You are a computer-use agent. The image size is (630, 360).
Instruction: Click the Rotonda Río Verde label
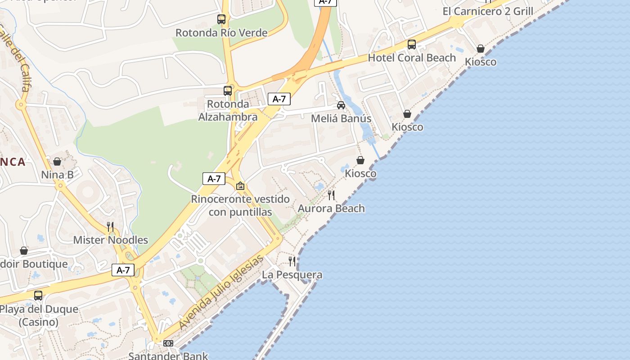click(x=221, y=33)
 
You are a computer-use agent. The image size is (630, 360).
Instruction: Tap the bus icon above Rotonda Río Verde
click(x=221, y=19)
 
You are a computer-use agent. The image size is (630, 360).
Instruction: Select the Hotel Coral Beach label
click(x=412, y=58)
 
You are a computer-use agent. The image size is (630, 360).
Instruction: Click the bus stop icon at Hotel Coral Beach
click(x=412, y=45)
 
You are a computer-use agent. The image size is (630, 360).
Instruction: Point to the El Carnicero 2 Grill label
click(x=488, y=11)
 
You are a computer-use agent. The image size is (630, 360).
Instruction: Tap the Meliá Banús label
click(x=341, y=118)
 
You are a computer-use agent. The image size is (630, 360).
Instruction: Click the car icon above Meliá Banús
click(x=341, y=105)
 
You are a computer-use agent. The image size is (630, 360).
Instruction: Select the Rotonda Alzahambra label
click(x=228, y=110)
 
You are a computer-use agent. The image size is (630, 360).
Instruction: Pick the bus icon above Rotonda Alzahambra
click(x=228, y=90)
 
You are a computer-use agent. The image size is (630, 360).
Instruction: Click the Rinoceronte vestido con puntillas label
click(x=240, y=205)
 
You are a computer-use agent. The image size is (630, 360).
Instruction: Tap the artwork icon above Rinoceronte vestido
click(x=241, y=186)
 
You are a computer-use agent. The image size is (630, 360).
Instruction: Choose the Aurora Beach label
click(x=331, y=208)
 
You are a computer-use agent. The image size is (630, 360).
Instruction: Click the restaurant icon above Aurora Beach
click(x=331, y=195)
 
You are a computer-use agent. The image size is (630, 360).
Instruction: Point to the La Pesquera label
click(x=292, y=274)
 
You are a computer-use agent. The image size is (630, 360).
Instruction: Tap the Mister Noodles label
click(x=111, y=240)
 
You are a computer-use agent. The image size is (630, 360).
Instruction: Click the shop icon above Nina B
click(x=57, y=162)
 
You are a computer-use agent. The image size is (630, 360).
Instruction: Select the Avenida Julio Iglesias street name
click(x=221, y=292)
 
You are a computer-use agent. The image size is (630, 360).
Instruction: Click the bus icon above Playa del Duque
click(x=38, y=296)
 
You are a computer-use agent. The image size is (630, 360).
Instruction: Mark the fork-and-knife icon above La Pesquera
click(x=292, y=261)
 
